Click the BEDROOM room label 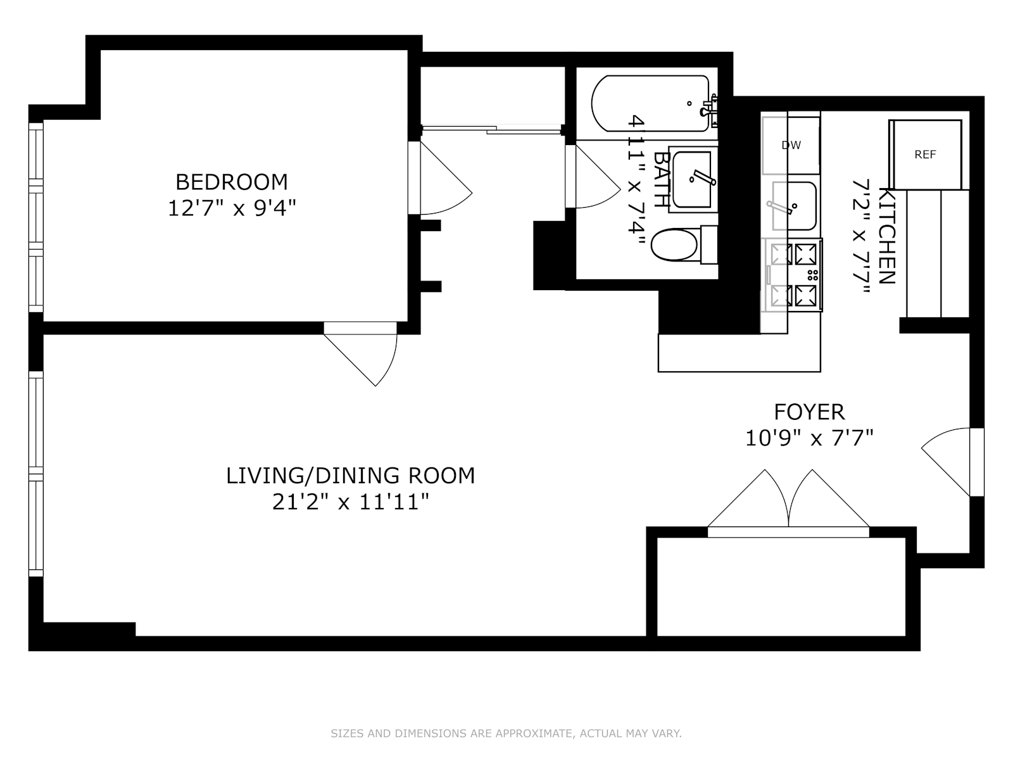point(232,182)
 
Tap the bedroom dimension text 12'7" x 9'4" point(232,208)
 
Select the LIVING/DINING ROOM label point(350,476)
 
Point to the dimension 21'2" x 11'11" point(351,502)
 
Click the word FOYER point(809,412)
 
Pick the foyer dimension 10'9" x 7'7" point(810,438)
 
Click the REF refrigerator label point(925,155)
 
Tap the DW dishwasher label point(791,146)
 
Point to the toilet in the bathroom point(684,244)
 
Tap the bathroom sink point(693,179)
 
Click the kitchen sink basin point(794,206)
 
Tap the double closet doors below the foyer point(788,503)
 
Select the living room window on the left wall point(36,474)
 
